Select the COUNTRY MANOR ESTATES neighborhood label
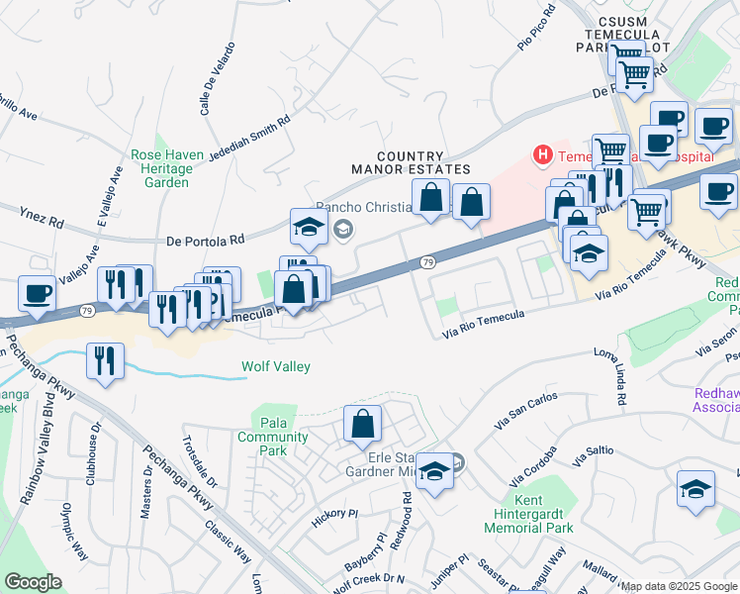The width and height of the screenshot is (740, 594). coord(398,163)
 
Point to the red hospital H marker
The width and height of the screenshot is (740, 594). coord(542,154)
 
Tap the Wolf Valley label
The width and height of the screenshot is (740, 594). coord(276,367)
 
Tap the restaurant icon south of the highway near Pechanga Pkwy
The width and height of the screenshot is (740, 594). coord(104,360)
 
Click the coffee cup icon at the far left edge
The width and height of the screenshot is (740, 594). coord(37,293)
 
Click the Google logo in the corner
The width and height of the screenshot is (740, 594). coord(33,581)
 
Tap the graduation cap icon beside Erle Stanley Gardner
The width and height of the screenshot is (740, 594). coord(433,471)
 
